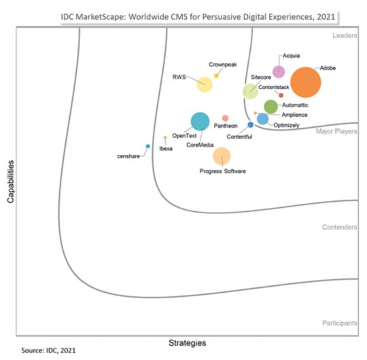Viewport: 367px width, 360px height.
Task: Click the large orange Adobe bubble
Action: [x=305, y=83]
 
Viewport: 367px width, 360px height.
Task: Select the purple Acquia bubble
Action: [x=278, y=72]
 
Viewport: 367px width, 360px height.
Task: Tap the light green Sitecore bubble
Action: [x=251, y=91]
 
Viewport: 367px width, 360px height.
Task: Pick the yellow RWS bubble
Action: [x=204, y=85]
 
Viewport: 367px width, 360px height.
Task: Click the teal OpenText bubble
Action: [x=200, y=122]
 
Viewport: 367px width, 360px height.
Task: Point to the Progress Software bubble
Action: [x=222, y=156]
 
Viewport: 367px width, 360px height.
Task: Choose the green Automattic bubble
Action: [x=270, y=106]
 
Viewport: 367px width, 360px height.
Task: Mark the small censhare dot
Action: [x=147, y=146]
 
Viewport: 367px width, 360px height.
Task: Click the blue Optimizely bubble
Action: [x=262, y=119]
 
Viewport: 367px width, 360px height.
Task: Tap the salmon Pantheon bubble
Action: [x=225, y=118]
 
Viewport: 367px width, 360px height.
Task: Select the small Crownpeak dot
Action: [x=217, y=75]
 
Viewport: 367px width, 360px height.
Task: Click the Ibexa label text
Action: [x=166, y=148]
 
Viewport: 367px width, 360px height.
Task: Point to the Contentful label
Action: [x=239, y=137]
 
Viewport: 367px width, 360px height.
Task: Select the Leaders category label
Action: [x=345, y=35]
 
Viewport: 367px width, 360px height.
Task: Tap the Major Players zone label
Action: [x=337, y=132]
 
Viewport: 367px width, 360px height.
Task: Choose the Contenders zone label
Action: [x=340, y=227]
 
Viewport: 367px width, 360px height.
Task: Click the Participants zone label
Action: [x=340, y=323]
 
